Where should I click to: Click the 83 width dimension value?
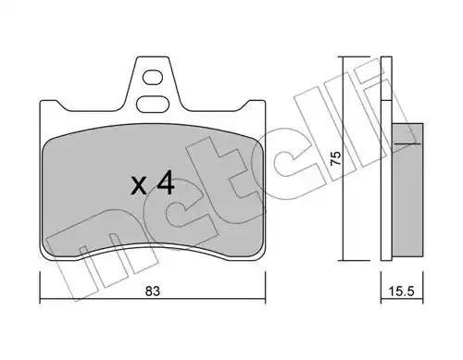tap(153, 291)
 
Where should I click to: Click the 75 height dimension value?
tap(336, 158)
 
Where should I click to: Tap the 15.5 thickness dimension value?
tap(401, 291)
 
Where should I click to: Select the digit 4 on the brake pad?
tap(166, 184)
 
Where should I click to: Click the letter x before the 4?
tap(139, 186)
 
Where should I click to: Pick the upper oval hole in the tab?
tap(153, 77)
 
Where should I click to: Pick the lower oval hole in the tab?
tap(152, 104)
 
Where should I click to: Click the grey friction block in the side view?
tap(407, 190)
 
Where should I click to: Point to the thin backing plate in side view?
tap(386, 158)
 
